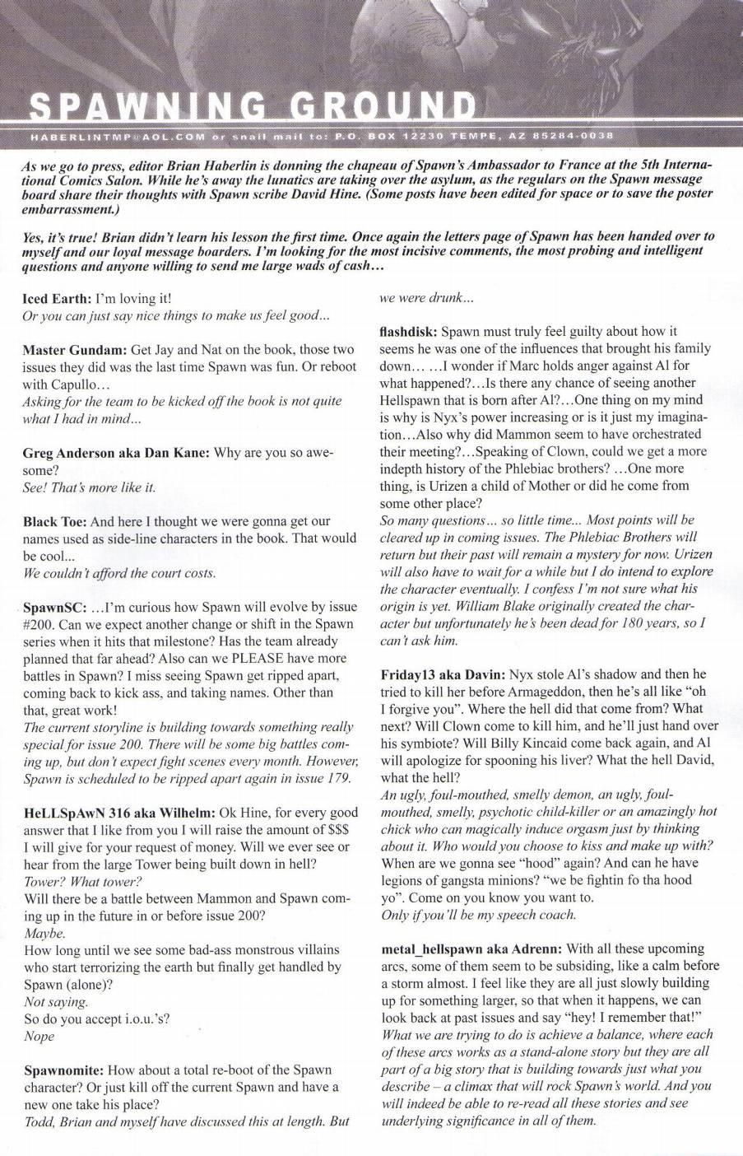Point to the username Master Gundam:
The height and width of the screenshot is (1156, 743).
click(77, 349)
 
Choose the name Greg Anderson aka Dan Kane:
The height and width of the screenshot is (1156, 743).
click(116, 452)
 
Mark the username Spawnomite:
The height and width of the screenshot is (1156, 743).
click(63, 1070)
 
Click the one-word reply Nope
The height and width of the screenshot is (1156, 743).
click(39, 1036)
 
